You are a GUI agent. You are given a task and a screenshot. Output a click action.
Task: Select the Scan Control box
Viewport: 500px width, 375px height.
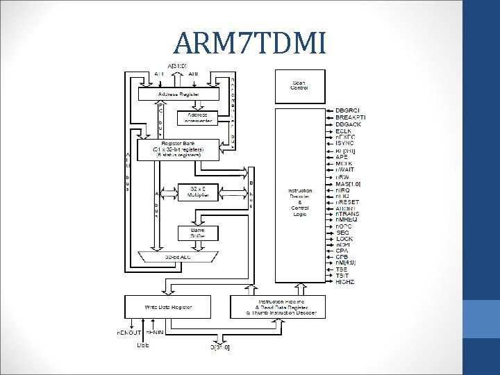click(300, 85)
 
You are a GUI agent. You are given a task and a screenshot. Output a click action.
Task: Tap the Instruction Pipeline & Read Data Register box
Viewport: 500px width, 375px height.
click(277, 306)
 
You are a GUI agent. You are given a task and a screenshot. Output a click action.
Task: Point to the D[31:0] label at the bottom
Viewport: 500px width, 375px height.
click(219, 345)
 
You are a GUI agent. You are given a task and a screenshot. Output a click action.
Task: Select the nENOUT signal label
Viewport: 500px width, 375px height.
click(128, 333)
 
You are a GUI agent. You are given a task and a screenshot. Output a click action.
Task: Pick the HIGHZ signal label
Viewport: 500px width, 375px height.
click(345, 281)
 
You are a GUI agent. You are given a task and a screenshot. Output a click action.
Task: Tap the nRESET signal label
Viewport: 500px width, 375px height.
click(348, 202)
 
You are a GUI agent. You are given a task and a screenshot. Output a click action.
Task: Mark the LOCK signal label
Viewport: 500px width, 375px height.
click(344, 238)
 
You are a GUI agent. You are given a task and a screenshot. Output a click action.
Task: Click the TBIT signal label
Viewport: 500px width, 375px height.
click(344, 274)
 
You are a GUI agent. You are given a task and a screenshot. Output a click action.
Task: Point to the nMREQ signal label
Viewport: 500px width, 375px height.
click(348, 220)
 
